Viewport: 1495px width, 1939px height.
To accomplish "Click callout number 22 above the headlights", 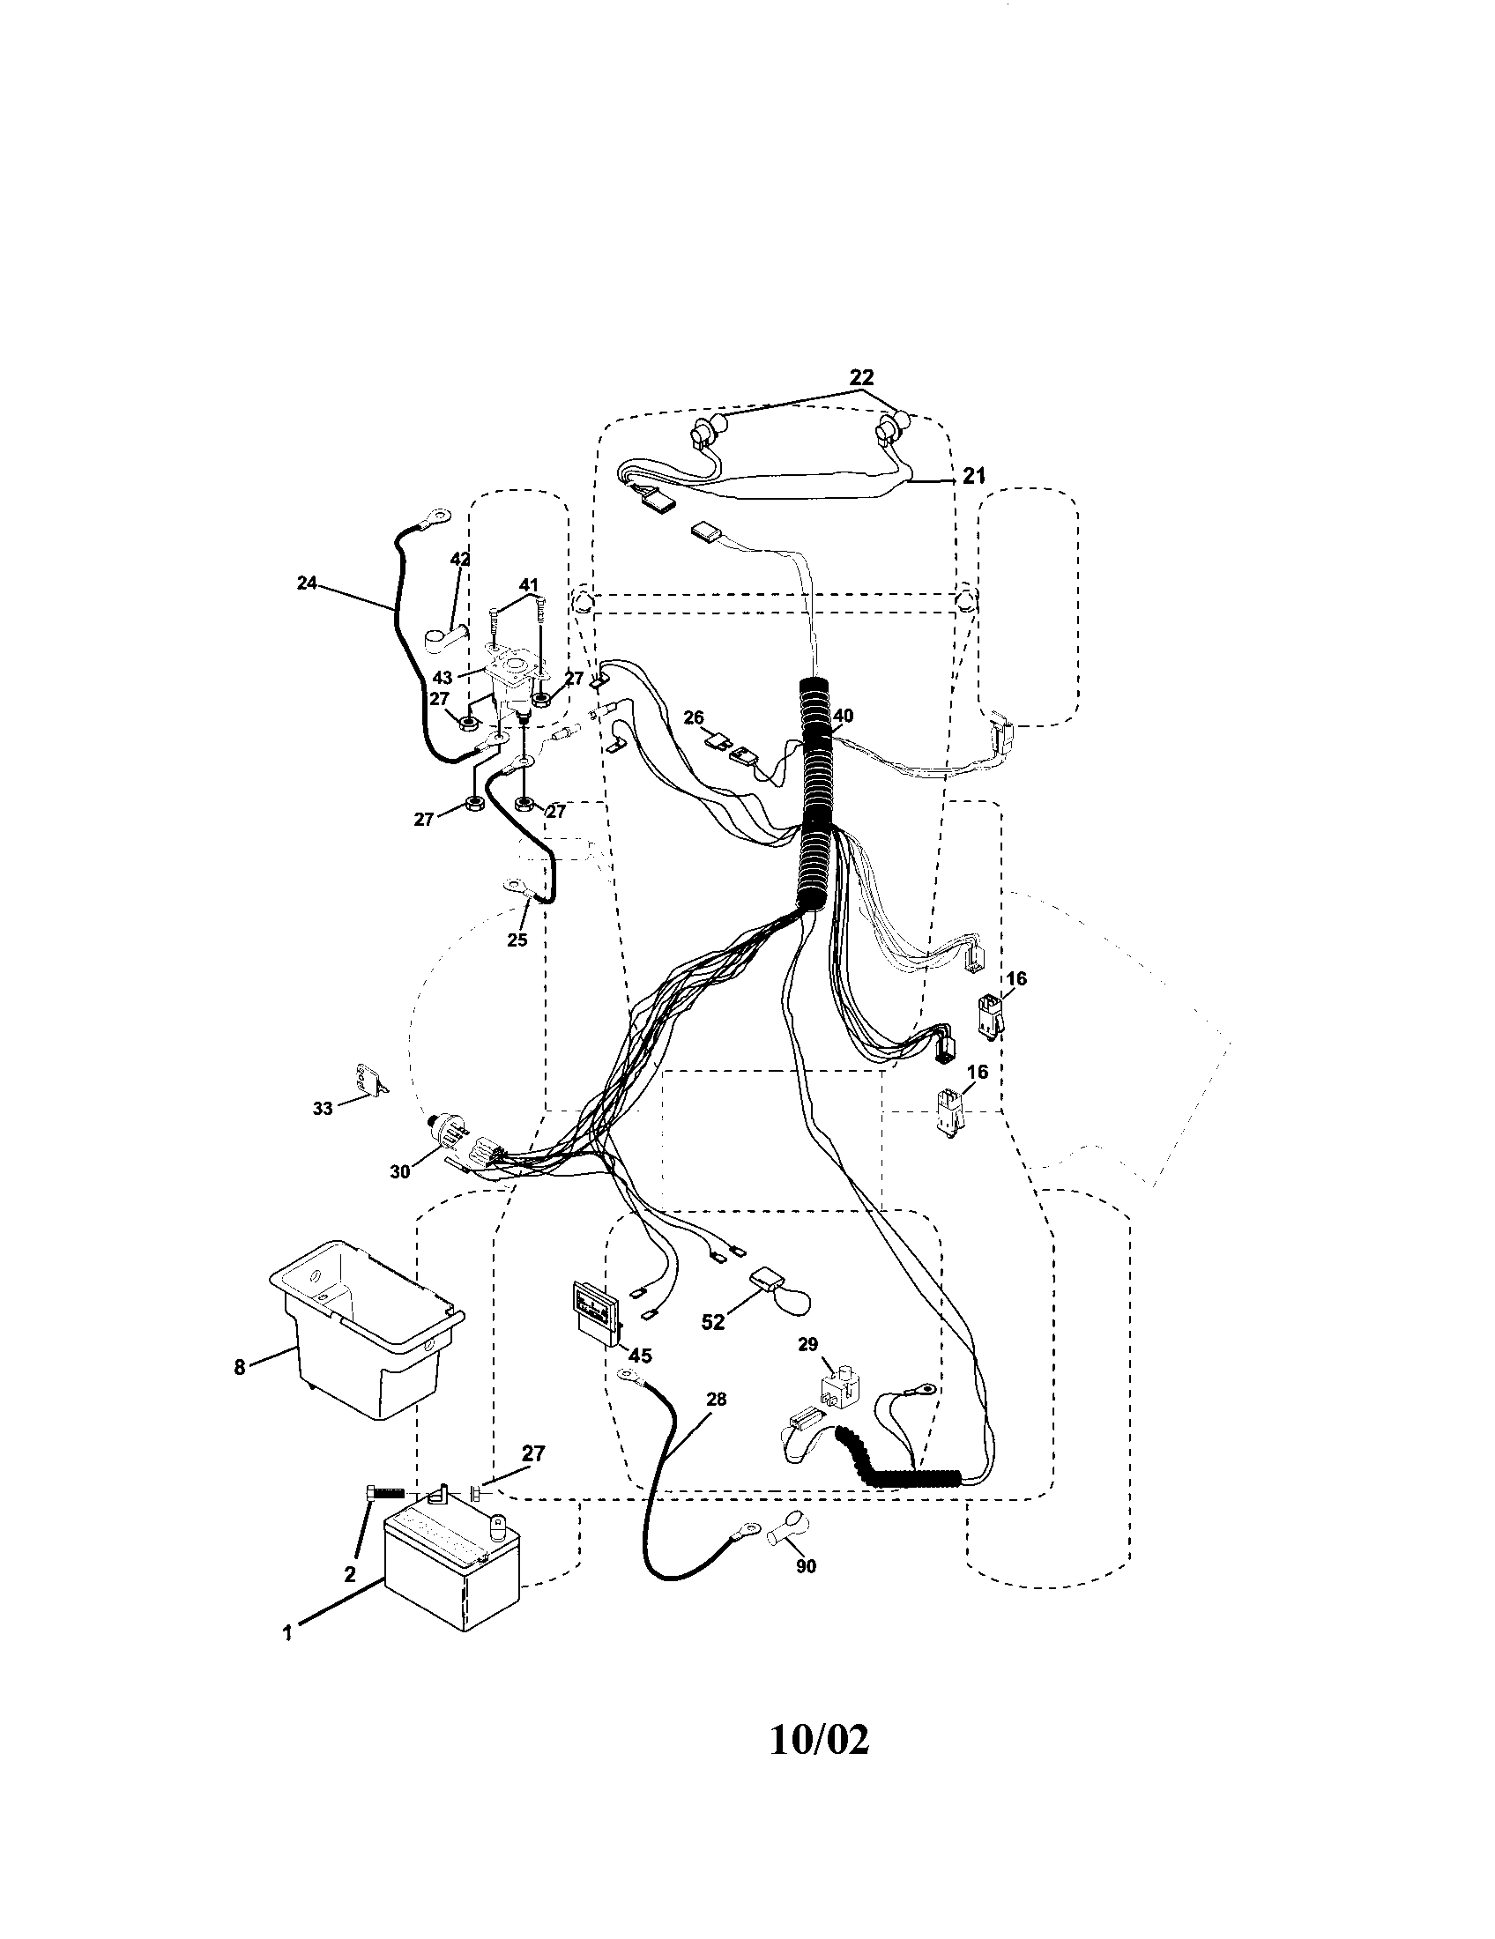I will point(860,377).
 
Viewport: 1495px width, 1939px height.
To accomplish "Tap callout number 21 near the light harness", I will point(975,477).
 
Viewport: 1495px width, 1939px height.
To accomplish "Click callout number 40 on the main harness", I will point(843,716).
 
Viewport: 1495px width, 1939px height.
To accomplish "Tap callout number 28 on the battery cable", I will point(717,1400).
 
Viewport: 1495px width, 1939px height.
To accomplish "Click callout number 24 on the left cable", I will point(306,584).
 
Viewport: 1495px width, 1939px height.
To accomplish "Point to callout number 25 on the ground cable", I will point(517,940).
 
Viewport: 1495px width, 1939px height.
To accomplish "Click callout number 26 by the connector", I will point(694,717).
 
